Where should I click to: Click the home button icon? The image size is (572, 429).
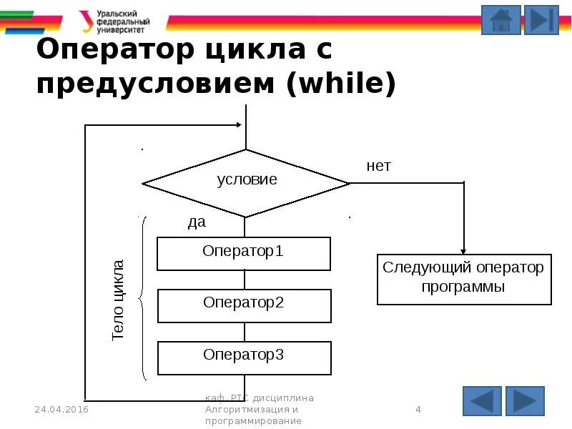[500, 20]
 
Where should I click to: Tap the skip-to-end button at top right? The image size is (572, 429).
[541, 20]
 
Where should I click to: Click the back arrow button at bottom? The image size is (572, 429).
[482, 401]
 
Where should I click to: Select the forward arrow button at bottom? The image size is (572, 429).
[525, 401]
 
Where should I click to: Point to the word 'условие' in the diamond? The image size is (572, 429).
[247, 180]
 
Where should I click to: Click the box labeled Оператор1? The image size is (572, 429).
[244, 253]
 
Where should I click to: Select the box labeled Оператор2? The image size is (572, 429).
[244, 305]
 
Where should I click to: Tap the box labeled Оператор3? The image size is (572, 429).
[244, 357]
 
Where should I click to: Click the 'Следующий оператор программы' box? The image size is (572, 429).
[464, 278]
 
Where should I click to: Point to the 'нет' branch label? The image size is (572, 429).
[379, 167]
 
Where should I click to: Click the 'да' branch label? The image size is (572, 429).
[197, 222]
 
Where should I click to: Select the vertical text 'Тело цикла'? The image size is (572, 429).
[119, 300]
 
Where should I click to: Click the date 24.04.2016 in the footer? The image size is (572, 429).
[61, 410]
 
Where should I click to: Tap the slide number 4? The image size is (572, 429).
[418, 410]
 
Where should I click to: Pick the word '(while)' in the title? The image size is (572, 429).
[341, 84]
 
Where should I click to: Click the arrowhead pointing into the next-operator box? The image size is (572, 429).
[464, 250]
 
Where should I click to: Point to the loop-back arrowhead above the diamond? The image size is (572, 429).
[239, 126]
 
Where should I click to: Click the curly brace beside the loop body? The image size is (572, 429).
[143, 298]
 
